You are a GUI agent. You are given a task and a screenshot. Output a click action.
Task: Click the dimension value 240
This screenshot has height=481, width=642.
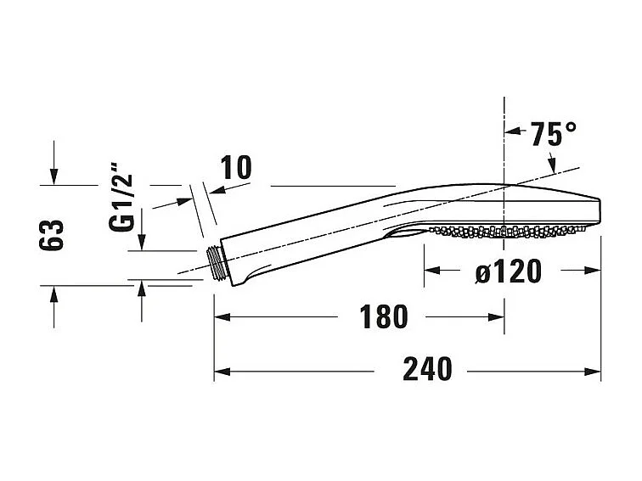pyautogui.click(x=426, y=369)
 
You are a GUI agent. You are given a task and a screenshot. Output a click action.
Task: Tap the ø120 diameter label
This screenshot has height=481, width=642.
pyautogui.click(x=508, y=271)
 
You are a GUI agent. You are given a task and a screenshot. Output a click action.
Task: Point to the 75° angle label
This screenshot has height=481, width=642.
pyautogui.click(x=553, y=134)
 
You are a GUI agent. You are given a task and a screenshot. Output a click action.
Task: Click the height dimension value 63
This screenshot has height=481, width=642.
pyautogui.click(x=53, y=235)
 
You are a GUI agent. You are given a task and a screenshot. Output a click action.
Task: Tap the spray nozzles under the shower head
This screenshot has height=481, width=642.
pyautogui.click(x=510, y=229)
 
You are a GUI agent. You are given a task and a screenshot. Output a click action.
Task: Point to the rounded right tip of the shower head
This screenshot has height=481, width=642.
pyautogui.click(x=598, y=210)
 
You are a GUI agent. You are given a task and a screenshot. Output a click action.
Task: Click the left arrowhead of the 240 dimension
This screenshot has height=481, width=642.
pyautogui.click(x=221, y=371)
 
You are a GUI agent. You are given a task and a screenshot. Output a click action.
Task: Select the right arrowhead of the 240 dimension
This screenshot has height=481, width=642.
pyautogui.click(x=594, y=371)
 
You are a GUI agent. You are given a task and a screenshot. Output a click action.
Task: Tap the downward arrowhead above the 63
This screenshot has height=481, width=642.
pyautogui.click(x=53, y=176)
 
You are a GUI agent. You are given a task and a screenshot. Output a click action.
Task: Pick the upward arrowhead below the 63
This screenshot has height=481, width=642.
pyautogui.click(x=53, y=294)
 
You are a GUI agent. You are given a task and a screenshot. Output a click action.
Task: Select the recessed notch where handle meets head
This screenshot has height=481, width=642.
pyautogui.click(x=406, y=231)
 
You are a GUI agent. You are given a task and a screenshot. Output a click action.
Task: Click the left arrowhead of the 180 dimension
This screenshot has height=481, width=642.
pyautogui.click(x=221, y=317)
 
